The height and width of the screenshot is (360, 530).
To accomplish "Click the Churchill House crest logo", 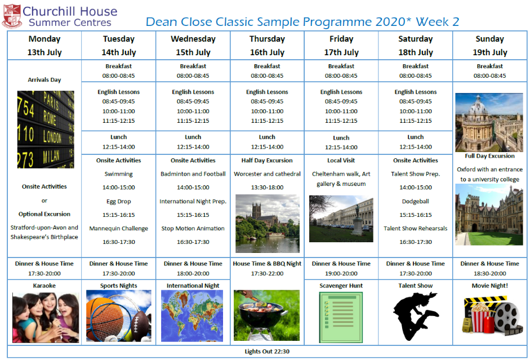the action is pos(12,16).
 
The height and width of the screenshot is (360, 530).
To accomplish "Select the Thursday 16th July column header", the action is pos(267,46).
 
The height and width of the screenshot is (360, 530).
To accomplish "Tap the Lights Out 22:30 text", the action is pos(267,352).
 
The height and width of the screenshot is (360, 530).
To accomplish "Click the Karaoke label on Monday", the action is pos(44,286).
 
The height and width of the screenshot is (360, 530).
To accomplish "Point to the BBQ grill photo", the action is pos(267,315).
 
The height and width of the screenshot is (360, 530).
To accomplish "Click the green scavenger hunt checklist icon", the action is pos(341,317).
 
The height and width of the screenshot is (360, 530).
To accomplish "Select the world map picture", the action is pos(192,315).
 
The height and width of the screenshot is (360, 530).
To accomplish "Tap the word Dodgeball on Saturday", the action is pos(416,202).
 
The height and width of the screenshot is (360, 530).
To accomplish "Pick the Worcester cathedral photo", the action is pos(268,224).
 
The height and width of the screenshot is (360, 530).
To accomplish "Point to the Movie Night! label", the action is pos(490,286).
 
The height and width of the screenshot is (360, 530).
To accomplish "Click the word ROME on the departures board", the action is pos(50,117).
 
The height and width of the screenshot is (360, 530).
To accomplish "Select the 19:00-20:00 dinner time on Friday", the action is pos(341,273).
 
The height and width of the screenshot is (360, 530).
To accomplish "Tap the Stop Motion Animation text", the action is pos(193,229).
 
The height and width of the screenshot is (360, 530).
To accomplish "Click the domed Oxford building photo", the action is pos(489,122).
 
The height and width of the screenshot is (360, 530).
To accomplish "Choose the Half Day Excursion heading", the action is pos(267,161).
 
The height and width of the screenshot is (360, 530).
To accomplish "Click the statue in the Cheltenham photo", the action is pos(358,220).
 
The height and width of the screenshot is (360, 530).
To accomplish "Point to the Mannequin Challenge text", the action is pos(119,229).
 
